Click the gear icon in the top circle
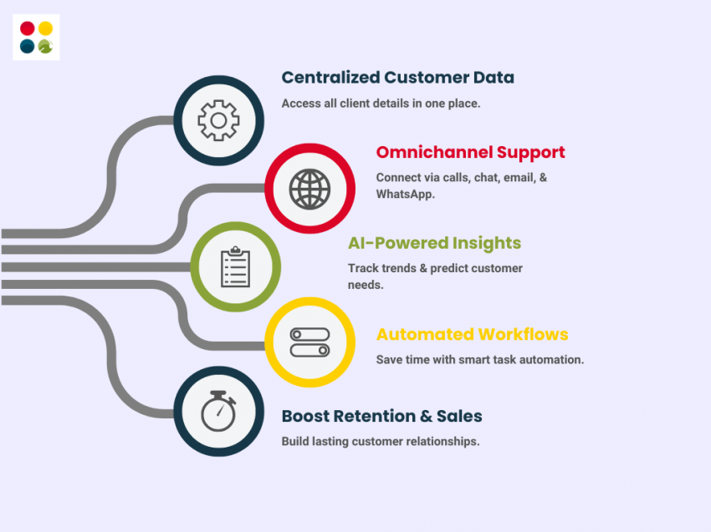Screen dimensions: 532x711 [218, 120]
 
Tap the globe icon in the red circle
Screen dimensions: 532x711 [309, 189]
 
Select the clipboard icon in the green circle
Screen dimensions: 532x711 [235, 267]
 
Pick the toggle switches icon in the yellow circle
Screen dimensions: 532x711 [309, 342]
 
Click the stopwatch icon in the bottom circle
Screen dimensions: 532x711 [218, 411]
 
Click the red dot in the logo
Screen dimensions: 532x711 [28, 28]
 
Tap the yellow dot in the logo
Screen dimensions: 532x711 [46, 28]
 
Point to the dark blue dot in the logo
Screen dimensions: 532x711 [28, 47]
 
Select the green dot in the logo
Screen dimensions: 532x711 [46, 47]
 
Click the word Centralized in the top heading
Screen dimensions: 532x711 [330, 78]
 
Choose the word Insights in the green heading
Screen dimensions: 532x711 [487, 243]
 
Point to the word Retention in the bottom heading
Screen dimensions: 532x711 [381, 416]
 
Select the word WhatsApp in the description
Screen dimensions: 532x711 [405, 193]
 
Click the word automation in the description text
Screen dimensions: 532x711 [553, 360]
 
